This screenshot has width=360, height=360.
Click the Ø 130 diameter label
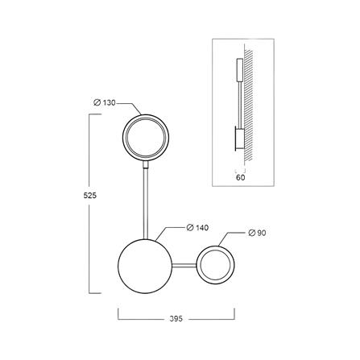click(104, 102)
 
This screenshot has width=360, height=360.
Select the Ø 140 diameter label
click(197, 228)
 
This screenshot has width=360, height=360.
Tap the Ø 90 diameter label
click(257, 233)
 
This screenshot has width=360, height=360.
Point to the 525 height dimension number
click(89, 196)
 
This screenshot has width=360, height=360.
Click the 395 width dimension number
click(176, 319)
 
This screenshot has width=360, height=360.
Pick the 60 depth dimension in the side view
click(241, 177)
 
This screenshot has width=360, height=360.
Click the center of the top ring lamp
click(146, 138)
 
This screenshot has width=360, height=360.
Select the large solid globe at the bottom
click(145, 266)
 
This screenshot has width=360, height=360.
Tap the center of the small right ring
click(216, 265)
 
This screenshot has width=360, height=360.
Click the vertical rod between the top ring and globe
click(146, 204)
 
